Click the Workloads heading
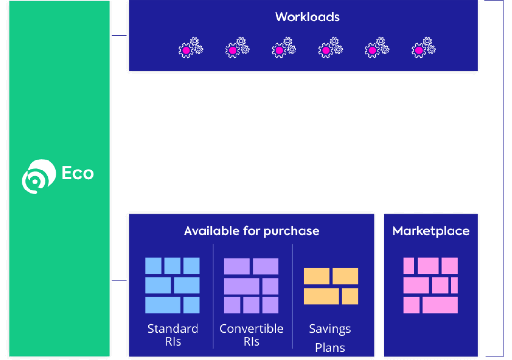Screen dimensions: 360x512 coord(307,17)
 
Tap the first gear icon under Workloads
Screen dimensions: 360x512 coord(190,48)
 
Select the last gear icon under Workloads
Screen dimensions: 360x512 coord(423,48)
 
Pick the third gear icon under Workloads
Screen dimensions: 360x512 coord(284,48)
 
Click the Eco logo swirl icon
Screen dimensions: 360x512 coord(38,176)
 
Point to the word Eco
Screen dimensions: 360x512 coord(78,173)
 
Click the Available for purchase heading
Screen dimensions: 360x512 coord(251,231)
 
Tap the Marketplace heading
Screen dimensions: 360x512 coord(431,231)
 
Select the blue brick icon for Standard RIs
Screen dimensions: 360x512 coord(172,285)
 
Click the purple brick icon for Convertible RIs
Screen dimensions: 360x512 coord(251,285)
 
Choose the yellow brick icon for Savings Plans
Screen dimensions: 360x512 coord(331,286)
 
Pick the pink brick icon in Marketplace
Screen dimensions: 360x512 coord(430,285)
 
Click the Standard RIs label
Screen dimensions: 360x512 coord(173,335)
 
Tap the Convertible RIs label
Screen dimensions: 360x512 coord(251,335)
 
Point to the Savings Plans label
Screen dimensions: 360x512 coord(330,338)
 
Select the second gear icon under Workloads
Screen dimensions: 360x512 coord(237,48)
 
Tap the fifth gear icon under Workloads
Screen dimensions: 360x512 coord(377,48)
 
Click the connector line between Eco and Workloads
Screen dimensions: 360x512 coord(119,35)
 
